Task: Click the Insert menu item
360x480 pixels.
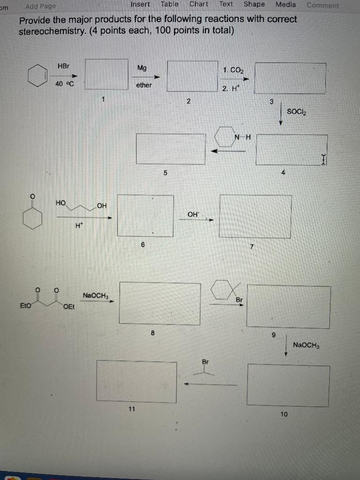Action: pos(140,4)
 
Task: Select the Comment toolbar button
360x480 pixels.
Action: pos(322,6)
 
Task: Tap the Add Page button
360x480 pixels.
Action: pos(40,6)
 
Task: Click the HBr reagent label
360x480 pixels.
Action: pos(63,67)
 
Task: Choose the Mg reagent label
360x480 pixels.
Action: pos(142,68)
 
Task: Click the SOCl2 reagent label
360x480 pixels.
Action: pos(295,111)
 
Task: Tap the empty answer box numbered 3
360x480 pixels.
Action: pos(290,77)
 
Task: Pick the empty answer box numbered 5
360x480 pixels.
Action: pos(171,149)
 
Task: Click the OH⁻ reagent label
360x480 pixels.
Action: pos(193,214)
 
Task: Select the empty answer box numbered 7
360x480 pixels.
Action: pos(255,216)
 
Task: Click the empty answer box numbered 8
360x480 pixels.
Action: pos(160,302)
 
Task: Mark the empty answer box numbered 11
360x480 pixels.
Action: pos(137,381)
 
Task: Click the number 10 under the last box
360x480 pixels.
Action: pos(285,413)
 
